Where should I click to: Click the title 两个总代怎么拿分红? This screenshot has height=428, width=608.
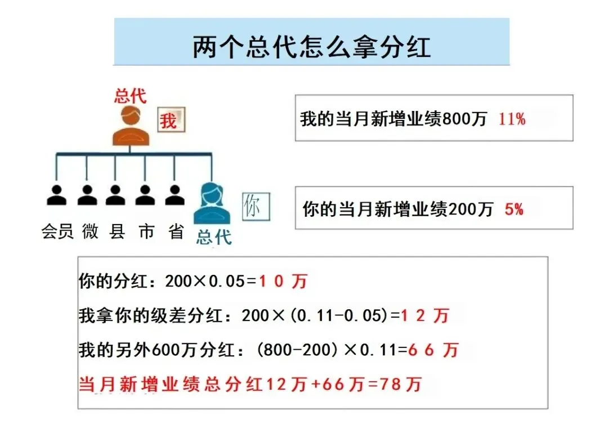[x=311, y=47]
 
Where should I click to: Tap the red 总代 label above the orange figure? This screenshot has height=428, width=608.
[x=130, y=96]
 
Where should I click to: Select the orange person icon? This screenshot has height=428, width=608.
[x=130, y=127]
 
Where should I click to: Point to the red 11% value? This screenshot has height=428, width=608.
[x=511, y=119]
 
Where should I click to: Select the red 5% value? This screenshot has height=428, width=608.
[x=513, y=209]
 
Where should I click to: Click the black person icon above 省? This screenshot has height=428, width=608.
[x=175, y=195]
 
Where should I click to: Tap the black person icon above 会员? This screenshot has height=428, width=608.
[x=56, y=195]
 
